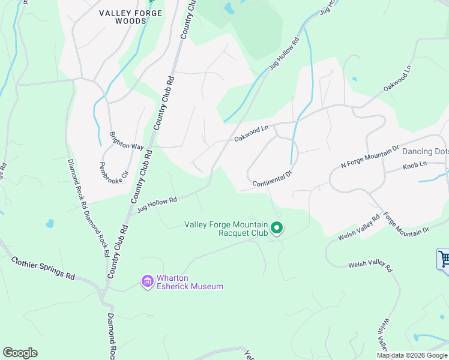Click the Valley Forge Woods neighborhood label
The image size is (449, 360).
(122, 17)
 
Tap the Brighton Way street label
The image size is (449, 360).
(126, 141)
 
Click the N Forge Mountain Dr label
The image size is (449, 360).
(370, 155)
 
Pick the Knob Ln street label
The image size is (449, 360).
(414, 164)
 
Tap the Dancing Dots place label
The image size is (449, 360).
(425, 151)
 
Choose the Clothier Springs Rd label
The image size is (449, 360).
(43, 268)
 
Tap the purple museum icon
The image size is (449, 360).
(147, 281)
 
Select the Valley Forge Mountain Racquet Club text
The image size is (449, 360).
(225, 229)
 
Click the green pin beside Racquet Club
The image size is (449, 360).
(277, 228)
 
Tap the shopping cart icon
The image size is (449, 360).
(444, 259)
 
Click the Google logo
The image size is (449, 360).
(20, 353)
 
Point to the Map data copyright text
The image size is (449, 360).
(412, 355)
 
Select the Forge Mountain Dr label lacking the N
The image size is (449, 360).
(406, 224)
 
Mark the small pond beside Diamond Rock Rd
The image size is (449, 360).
(49, 224)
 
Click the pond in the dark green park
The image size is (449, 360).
(229, 8)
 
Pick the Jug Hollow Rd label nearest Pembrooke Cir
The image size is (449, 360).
(157, 205)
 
